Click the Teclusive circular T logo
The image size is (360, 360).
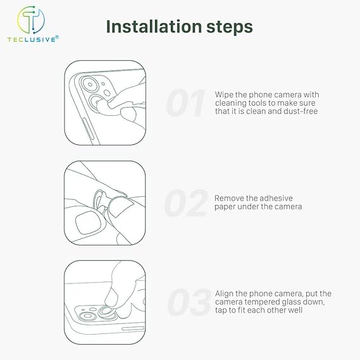point(31,20)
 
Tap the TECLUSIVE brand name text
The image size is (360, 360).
point(32,39)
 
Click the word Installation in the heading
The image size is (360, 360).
point(154,27)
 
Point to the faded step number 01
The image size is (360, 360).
point(185,103)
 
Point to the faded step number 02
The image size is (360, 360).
point(186,203)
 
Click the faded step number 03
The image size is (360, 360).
point(189,302)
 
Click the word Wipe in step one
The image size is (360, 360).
point(224,95)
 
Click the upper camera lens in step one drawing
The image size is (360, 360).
point(90,85)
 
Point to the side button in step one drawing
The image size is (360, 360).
point(88,129)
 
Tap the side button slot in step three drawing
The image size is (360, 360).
point(133,328)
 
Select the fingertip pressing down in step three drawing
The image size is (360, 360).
point(111,299)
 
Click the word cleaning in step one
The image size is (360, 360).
point(230,103)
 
